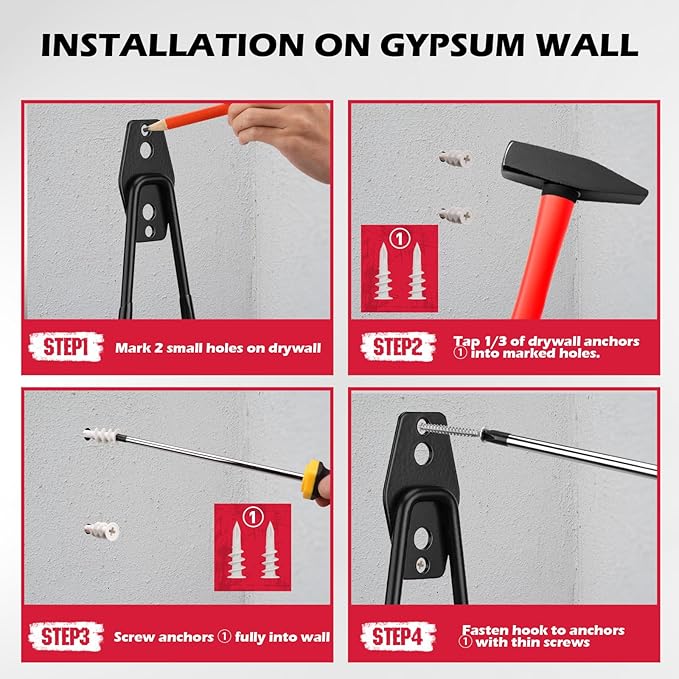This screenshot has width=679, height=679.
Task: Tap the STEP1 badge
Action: click(x=67, y=348)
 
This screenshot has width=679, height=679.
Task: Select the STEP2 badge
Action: click(x=400, y=348)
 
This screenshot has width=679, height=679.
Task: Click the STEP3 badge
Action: click(x=67, y=636)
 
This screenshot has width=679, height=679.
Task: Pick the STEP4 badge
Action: click(x=400, y=636)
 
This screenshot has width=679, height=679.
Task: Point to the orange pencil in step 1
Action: click(x=190, y=117)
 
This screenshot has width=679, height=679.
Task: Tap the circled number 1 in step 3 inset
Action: click(x=252, y=517)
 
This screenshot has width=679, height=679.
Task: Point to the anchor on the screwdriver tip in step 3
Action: click(x=102, y=437)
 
